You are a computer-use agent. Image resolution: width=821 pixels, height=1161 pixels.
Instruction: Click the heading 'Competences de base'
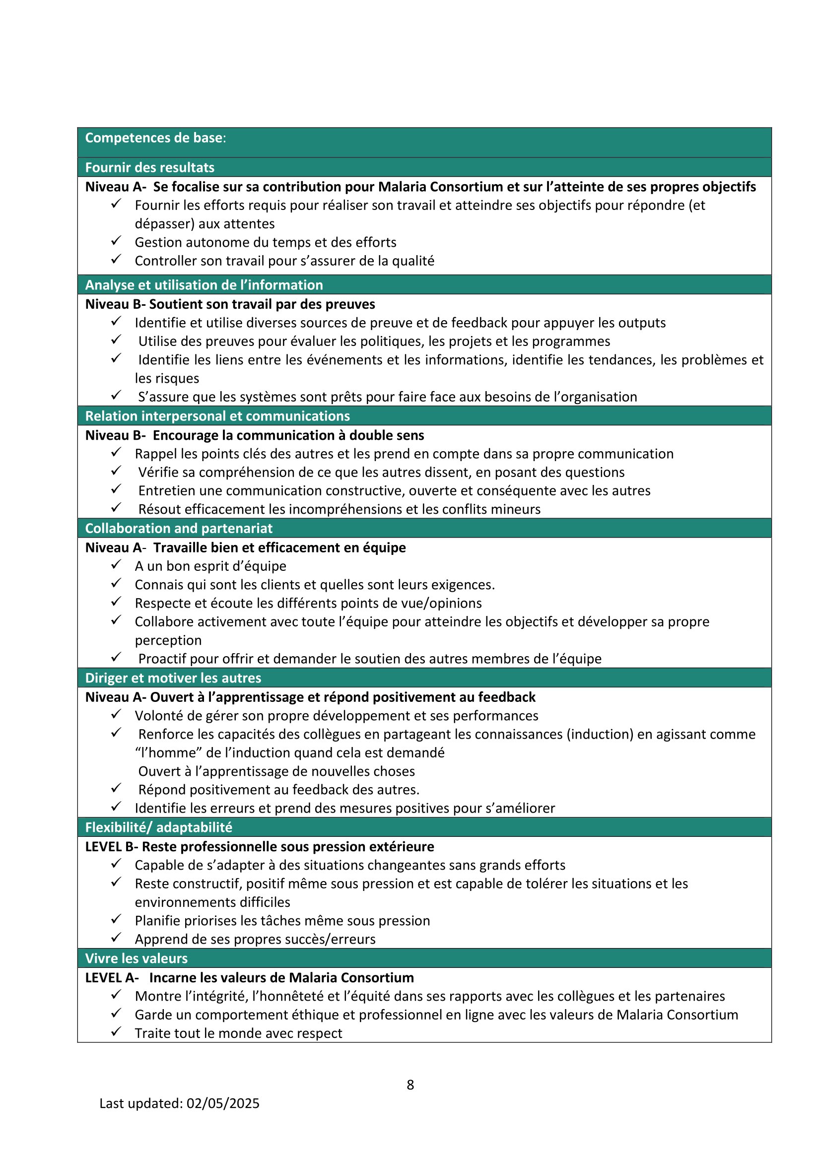(x=154, y=138)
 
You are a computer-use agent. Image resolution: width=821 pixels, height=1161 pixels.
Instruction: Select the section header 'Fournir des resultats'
(x=149, y=167)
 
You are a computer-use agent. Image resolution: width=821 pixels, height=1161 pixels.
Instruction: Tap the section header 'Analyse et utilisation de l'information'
(x=204, y=285)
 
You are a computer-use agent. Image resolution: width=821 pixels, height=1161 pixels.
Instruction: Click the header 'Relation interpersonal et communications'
(x=217, y=415)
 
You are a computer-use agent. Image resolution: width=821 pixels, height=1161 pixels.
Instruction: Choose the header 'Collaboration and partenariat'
(x=179, y=528)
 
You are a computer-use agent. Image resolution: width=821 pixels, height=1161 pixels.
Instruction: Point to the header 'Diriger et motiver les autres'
(x=173, y=678)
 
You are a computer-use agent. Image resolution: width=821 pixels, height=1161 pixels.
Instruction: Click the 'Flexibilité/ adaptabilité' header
(x=159, y=827)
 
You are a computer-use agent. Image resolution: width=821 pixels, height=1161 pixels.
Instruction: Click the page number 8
(x=410, y=1084)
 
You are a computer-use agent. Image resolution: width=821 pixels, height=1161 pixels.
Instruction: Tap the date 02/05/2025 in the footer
(x=222, y=1103)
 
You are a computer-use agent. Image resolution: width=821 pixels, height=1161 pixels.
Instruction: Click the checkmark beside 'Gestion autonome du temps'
(x=116, y=241)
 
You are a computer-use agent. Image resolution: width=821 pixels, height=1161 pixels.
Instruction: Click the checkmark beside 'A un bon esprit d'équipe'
(x=116, y=564)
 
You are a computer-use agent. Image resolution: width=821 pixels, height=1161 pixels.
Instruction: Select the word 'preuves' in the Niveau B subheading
(x=353, y=304)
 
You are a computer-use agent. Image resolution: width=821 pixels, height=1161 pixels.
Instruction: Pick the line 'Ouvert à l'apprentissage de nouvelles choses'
(x=276, y=771)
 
